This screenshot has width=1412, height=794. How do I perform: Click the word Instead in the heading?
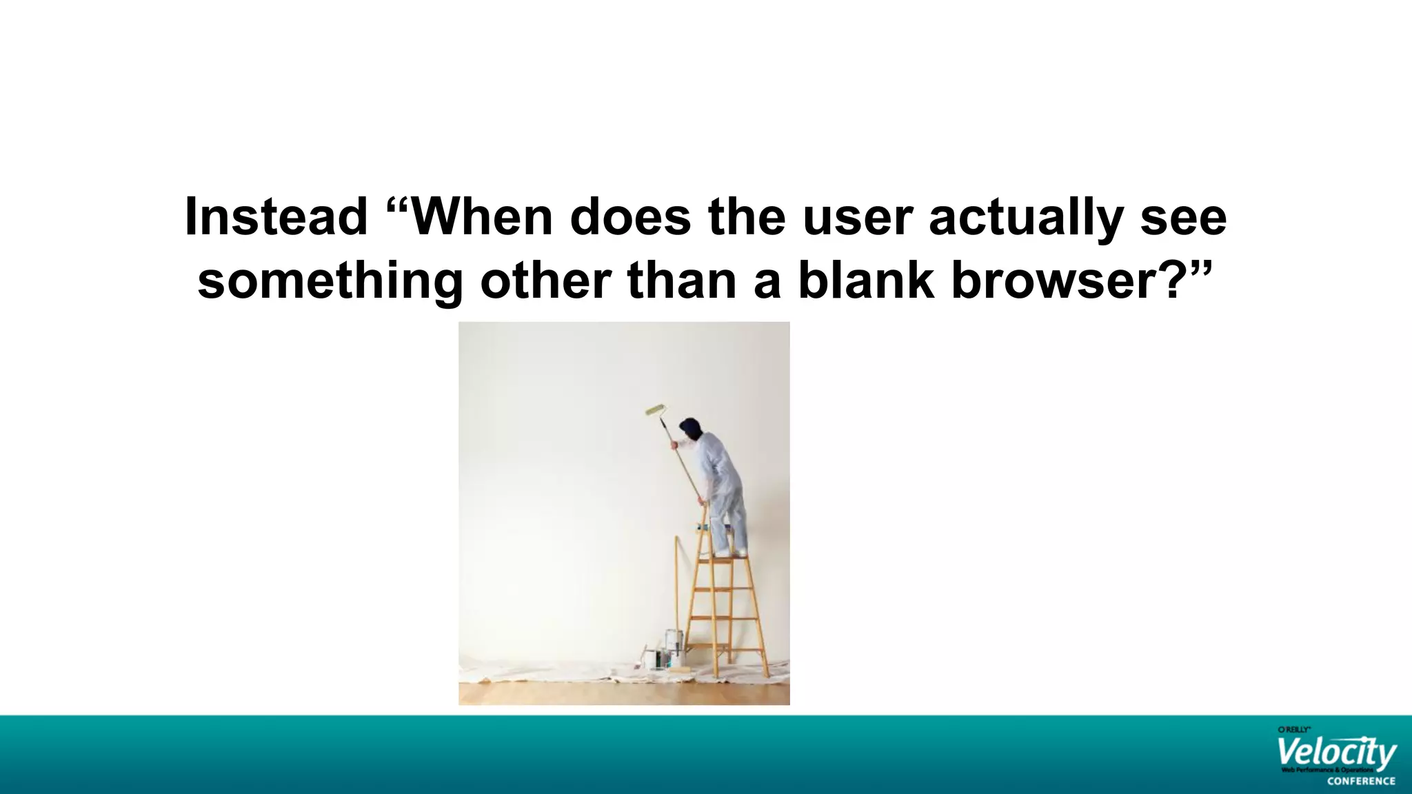pos(276,218)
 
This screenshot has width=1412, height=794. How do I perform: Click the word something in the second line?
pos(330,281)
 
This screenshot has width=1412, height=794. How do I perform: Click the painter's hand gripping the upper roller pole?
pos(674,445)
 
